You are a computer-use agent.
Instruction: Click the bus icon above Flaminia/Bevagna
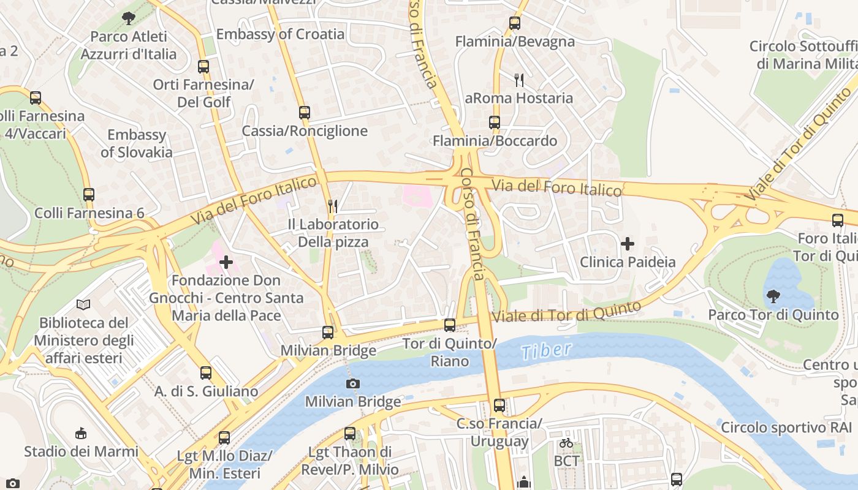[x=515, y=23]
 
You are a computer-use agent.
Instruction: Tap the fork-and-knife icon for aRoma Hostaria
[x=519, y=80]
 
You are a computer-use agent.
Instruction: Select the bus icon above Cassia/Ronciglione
[x=305, y=113]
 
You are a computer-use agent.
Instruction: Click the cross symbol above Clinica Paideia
[x=627, y=244]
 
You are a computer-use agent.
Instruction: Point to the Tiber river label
[x=546, y=351]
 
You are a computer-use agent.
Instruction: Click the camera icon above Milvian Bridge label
[x=352, y=383]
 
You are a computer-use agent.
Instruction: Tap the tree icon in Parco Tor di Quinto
[x=773, y=296]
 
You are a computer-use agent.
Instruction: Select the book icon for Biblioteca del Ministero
[x=83, y=304]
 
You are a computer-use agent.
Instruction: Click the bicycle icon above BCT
[x=566, y=442]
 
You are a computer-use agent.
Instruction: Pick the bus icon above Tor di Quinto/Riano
[x=450, y=325]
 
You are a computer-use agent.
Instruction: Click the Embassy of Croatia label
[x=280, y=34]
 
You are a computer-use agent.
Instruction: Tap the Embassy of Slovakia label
[x=137, y=143]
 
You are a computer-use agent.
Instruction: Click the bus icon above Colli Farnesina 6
[x=89, y=195]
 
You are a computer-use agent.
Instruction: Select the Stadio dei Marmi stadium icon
[x=80, y=433]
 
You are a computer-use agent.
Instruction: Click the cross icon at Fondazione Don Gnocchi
[x=226, y=262]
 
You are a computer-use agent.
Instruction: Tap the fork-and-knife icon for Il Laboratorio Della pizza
[x=333, y=206]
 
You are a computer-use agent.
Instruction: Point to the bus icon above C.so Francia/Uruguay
[x=499, y=405]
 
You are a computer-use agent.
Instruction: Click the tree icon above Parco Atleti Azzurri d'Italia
[x=128, y=18]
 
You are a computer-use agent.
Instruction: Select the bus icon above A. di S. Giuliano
[x=206, y=372]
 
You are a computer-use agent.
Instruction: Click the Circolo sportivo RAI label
[x=786, y=428]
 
